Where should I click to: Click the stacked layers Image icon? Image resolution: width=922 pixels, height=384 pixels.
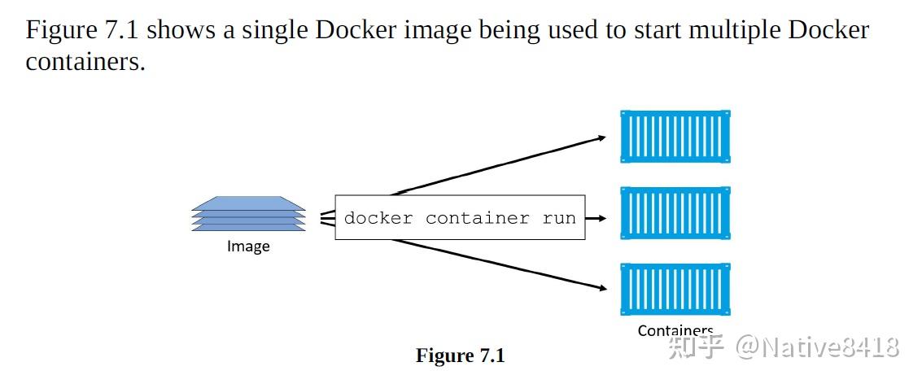(249, 214)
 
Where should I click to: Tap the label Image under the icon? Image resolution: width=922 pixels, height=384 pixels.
(248, 247)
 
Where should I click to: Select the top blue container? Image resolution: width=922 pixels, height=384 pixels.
(675, 137)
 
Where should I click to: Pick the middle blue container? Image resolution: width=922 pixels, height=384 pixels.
(675, 213)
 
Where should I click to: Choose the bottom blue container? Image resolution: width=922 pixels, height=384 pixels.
(675, 289)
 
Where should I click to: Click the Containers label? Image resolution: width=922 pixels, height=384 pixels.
(675, 330)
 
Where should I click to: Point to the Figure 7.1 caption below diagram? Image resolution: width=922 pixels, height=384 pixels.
(461, 356)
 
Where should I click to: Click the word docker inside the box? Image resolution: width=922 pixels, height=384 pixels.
(378, 218)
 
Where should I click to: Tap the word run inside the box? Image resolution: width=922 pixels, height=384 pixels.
(559, 218)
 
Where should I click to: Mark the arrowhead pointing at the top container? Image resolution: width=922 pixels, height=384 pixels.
(601, 137)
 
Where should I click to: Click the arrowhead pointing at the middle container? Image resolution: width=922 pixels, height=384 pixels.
(603, 218)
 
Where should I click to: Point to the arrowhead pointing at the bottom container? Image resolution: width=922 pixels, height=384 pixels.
(602, 287)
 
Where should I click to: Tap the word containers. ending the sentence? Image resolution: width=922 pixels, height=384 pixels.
(85, 62)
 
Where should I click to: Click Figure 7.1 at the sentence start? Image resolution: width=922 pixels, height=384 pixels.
(83, 31)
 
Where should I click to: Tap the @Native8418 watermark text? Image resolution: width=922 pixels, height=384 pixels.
(818, 347)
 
